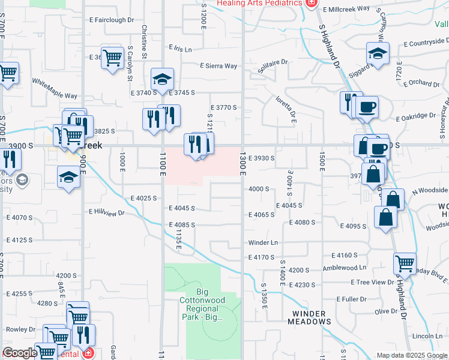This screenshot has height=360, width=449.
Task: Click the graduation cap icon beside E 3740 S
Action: pos(162,79)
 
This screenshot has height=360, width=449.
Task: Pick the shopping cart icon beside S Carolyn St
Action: pos(112,58)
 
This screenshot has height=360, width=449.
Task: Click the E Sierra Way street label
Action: pos(218,66)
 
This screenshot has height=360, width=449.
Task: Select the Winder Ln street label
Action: pos(264,243)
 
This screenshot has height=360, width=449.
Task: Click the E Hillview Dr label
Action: pos(106,212)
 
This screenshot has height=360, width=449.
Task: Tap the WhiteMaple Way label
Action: pos(55,88)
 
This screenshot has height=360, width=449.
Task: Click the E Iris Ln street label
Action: pos(180,49)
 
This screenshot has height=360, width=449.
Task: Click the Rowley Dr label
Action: pos(19,329)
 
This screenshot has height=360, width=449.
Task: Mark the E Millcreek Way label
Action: pos(343,10)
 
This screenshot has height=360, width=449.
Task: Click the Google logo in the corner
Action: pos(20,353)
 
